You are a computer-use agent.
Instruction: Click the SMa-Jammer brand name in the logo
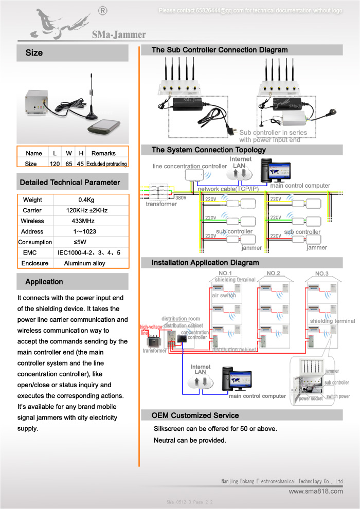(119, 35)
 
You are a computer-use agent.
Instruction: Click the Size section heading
(34, 53)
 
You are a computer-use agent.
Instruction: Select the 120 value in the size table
(55, 164)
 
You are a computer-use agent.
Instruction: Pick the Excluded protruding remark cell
(106, 164)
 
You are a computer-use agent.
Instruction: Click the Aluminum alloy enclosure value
(84, 263)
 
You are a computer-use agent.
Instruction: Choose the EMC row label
(30, 253)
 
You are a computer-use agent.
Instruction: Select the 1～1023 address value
(84, 232)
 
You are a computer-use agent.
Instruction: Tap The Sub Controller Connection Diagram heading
(220, 50)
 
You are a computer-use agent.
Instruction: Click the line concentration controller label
(190, 166)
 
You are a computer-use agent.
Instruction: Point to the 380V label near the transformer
(181, 197)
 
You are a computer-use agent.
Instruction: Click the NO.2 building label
(273, 274)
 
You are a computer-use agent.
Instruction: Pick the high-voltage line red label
(151, 330)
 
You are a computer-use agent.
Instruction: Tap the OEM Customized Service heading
(195, 415)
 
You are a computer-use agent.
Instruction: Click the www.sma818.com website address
(316, 491)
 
